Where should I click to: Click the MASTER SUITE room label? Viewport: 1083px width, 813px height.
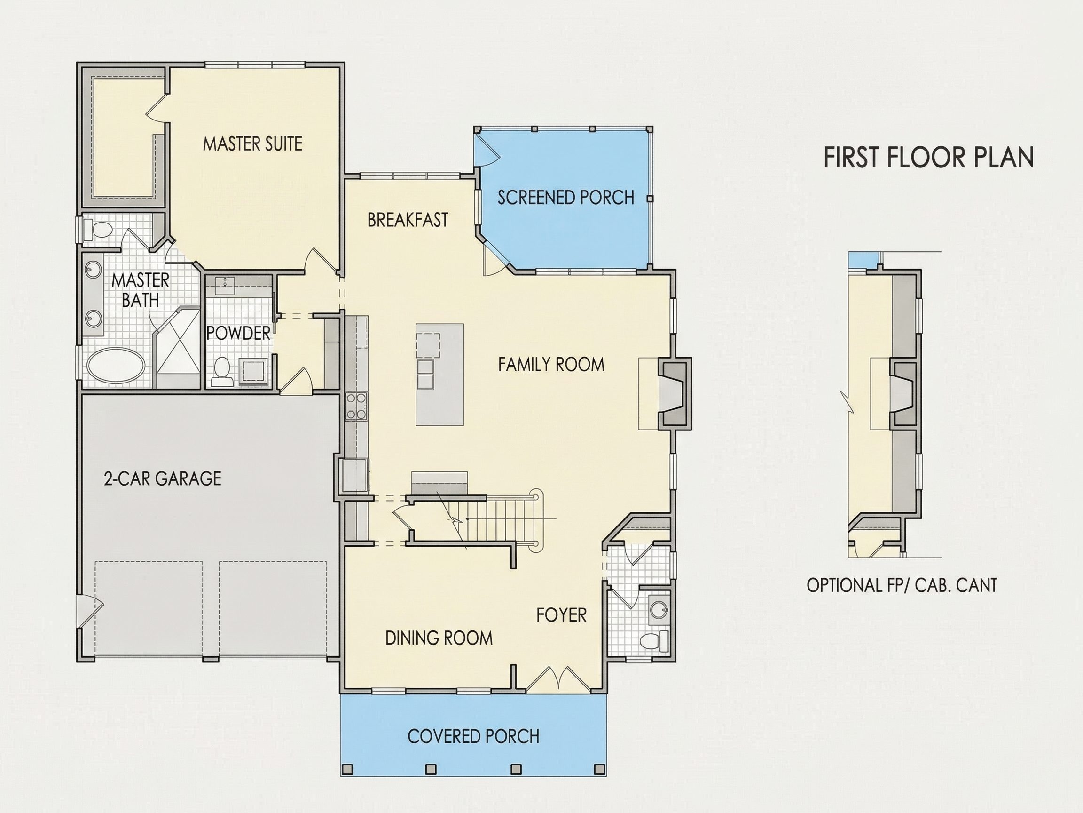click(252, 143)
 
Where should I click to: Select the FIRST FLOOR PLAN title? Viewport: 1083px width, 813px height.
click(929, 157)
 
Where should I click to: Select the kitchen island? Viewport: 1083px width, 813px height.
click(439, 375)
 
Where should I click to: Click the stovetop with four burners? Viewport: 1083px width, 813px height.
click(356, 406)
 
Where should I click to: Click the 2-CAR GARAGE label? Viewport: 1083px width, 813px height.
click(163, 478)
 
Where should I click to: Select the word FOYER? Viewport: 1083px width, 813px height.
click(561, 615)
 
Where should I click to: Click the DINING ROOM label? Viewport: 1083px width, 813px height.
click(439, 638)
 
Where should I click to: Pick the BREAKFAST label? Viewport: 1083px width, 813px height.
click(408, 220)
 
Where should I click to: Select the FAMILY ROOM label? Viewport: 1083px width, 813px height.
click(551, 365)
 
